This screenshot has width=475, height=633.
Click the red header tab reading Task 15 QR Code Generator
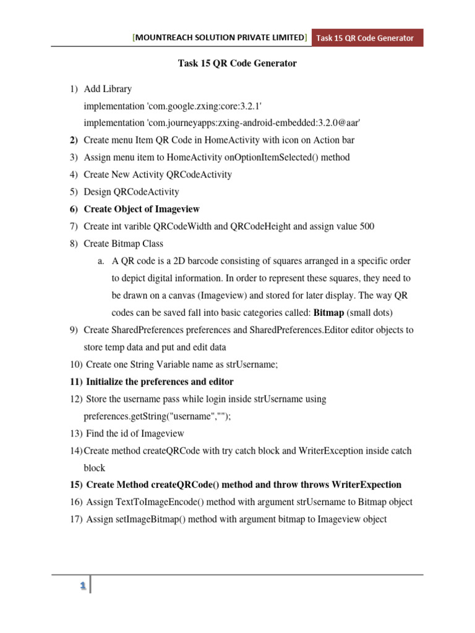click(x=365, y=38)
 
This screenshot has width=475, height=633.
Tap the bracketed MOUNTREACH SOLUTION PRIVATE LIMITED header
click(x=220, y=38)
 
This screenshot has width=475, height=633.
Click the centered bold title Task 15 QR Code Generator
click(x=229, y=64)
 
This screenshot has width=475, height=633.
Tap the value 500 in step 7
click(x=366, y=226)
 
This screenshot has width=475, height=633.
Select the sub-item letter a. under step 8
click(x=101, y=261)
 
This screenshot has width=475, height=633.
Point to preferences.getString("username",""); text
click(x=156, y=416)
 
